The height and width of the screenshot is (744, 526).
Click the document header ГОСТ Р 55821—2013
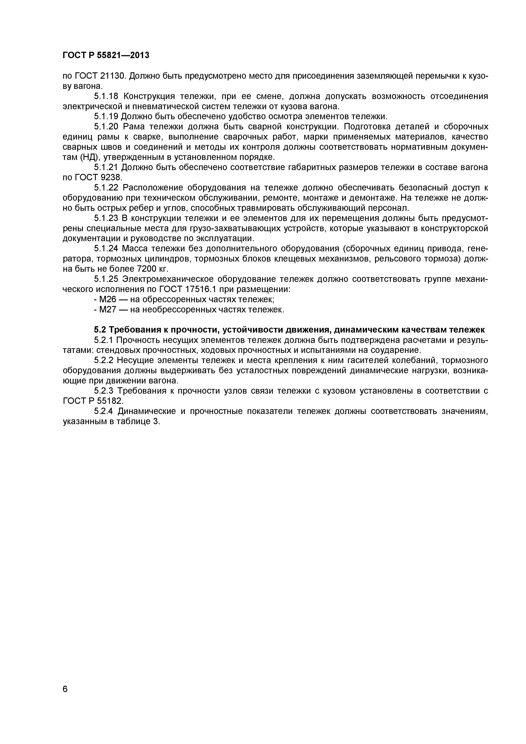click(106, 55)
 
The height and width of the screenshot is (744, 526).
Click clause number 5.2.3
click(104, 391)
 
